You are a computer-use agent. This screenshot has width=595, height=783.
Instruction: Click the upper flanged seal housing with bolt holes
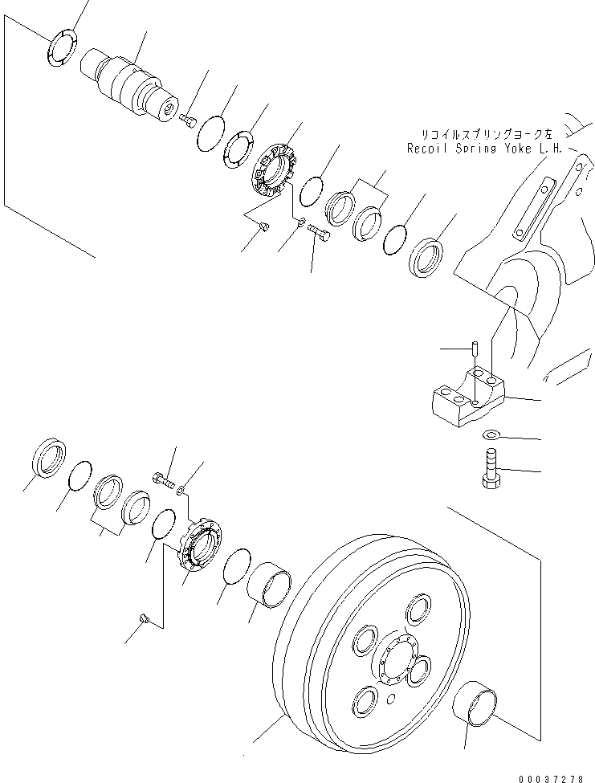[275, 169]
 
